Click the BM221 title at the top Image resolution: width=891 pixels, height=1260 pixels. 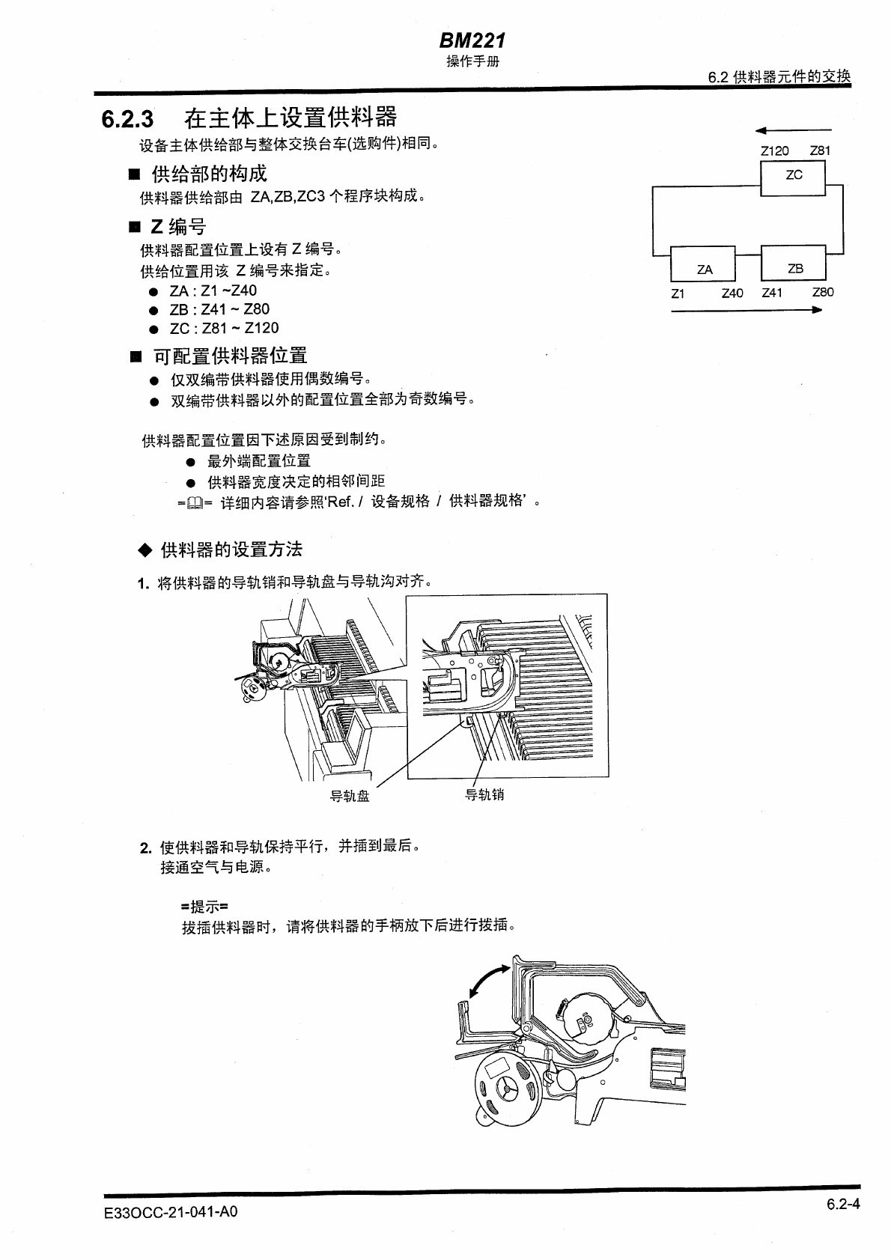(x=472, y=40)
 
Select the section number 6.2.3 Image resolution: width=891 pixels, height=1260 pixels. (x=128, y=119)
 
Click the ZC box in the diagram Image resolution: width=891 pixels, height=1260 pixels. (x=794, y=176)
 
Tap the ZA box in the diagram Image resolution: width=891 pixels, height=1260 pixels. (x=704, y=267)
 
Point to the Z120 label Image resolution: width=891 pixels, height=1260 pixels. (x=774, y=150)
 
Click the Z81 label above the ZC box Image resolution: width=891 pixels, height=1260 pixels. (x=820, y=150)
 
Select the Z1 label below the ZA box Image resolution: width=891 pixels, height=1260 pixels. (x=678, y=293)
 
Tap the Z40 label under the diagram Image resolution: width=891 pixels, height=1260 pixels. (x=732, y=293)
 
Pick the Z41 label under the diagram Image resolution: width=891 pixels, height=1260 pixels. (x=772, y=293)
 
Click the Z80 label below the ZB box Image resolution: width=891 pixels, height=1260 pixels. (x=822, y=293)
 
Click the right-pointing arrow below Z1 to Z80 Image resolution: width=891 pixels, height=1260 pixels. (x=747, y=310)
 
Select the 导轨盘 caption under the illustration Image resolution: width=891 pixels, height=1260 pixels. (x=350, y=796)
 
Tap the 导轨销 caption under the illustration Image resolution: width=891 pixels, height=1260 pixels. (x=484, y=794)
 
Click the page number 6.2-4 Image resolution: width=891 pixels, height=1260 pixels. (x=843, y=1205)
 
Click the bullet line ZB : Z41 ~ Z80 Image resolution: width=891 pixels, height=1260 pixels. (x=219, y=309)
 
